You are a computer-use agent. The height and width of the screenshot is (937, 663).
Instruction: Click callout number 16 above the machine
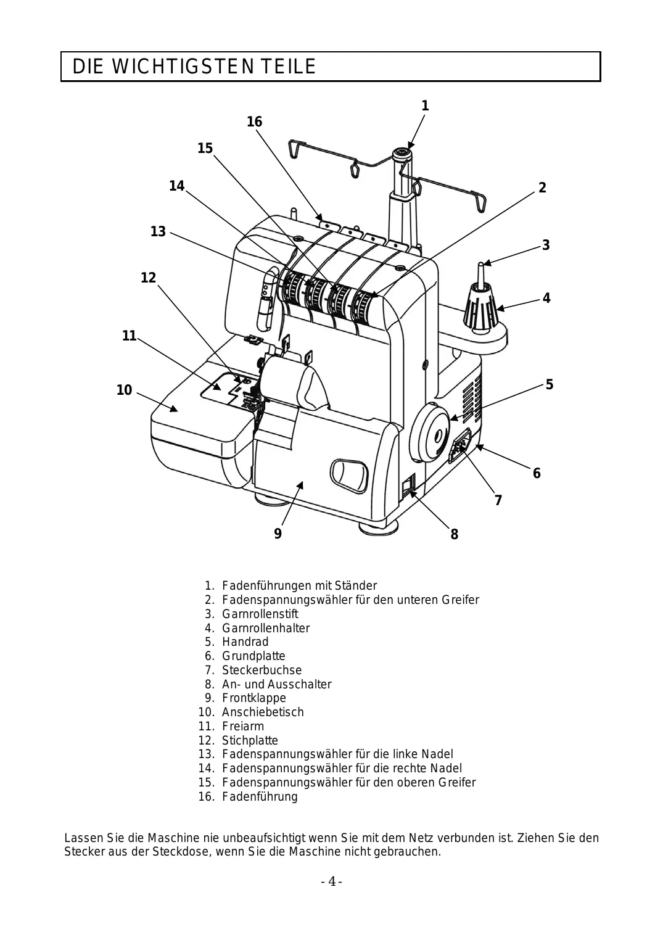point(254,122)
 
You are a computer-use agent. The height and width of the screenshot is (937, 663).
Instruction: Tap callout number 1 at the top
point(425,105)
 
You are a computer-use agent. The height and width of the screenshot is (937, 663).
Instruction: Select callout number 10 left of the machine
point(124,390)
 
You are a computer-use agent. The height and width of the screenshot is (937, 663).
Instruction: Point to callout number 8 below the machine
point(455,534)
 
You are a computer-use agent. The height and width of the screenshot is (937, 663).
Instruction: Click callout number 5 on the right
point(550,384)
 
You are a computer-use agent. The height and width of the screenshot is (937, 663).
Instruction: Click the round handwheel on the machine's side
point(430,432)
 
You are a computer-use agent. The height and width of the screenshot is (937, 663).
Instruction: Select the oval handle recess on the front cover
point(349,476)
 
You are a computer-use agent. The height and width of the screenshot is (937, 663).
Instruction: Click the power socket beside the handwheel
point(460,446)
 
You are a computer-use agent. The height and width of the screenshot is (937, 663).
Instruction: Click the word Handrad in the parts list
point(245,642)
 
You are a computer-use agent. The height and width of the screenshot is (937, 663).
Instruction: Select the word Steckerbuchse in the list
point(262,670)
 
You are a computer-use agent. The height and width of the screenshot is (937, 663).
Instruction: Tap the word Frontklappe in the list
point(254,698)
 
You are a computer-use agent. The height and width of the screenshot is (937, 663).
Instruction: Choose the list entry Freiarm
point(243,726)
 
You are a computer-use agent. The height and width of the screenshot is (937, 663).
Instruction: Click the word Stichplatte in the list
point(250,740)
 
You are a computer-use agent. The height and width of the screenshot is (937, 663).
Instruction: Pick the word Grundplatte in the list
point(253,656)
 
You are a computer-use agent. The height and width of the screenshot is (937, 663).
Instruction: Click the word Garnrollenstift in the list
point(260,614)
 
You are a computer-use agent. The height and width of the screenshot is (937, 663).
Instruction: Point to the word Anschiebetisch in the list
point(263,712)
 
